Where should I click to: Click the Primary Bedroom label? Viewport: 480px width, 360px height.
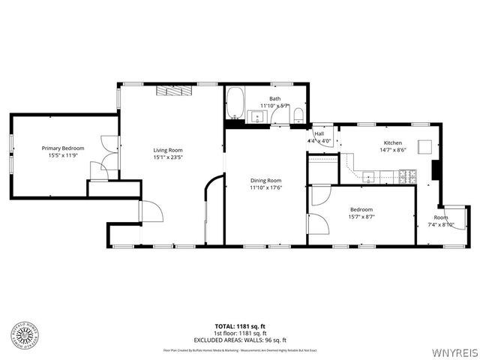(x=63, y=148)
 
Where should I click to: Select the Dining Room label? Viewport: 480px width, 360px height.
(x=265, y=181)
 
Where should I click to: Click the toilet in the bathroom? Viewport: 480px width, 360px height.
(x=298, y=114)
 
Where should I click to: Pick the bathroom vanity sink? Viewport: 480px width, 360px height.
(x=253, y=116)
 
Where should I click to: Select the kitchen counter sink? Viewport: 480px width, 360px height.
(x=369, y=176)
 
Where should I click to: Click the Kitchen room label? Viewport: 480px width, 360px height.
(x=393, y=143)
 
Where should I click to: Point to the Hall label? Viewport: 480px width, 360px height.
(x=319, y=134)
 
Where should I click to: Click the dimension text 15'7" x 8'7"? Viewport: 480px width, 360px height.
(x=361, y=217)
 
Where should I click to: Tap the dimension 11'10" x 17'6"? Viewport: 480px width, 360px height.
(x=265, y=188)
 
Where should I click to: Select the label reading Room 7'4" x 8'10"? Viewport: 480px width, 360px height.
(x=440, y=220)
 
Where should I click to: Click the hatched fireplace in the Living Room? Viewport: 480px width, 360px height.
(x=175, y=91)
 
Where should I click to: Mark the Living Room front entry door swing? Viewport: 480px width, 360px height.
(x=150, y=211)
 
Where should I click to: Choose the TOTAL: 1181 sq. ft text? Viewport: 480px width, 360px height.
(x=240, y=325)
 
